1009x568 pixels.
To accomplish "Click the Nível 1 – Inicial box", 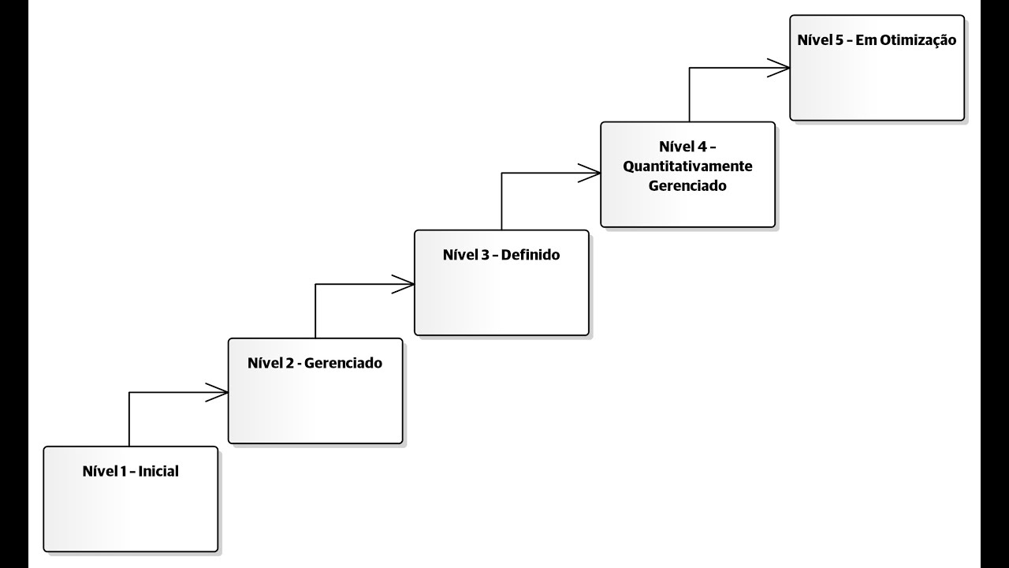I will click(130, 499).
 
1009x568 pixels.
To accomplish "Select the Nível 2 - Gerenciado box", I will click(315, 390).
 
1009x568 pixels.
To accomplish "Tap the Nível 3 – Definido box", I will click(501, 282).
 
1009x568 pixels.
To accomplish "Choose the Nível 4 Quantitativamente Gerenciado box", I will click(687, 174).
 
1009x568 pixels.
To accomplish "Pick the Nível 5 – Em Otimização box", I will click(877, 67).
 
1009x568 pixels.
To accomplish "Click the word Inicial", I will click(158, 472).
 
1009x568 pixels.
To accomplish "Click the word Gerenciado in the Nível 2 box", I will click(343, 364).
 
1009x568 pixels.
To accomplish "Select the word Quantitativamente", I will click(687, 166).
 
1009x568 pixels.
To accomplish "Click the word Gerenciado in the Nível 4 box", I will click(687, 187).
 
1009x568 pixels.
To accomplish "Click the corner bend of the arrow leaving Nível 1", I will click(129, 392).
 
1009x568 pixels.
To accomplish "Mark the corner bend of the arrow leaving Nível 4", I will click(690, 69).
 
